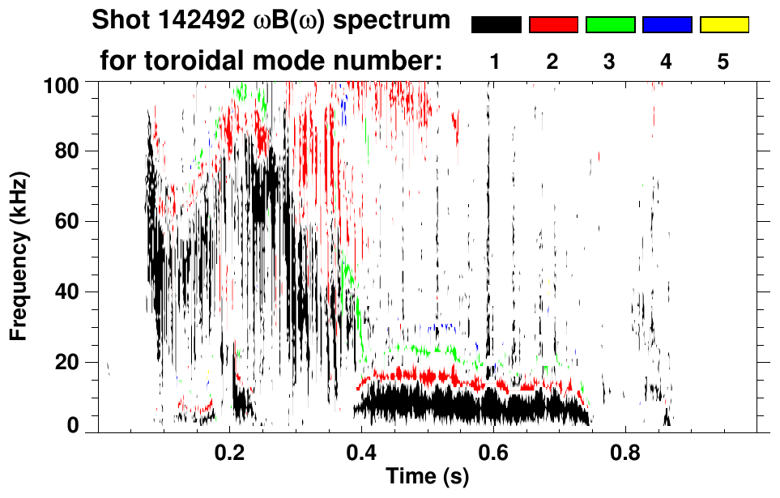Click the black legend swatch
(496, 25)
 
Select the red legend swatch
(553, 25)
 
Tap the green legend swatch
(610, 25)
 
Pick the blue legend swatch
(667, 25)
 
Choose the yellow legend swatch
(724, 25)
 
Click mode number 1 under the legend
(496, 62)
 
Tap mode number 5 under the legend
(723, 62)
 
